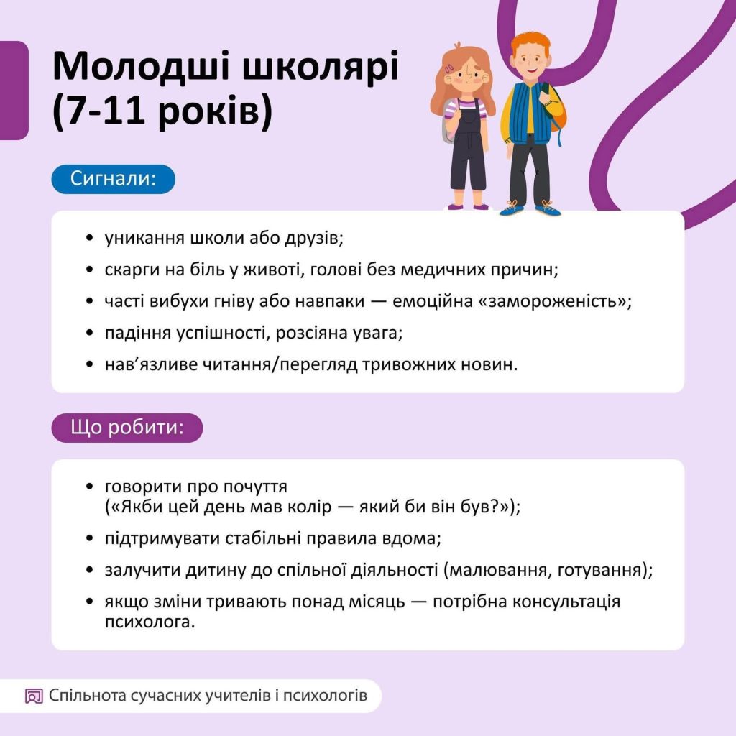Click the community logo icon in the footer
(x=34, y=696)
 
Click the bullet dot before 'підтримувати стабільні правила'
(x=89, y=538)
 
